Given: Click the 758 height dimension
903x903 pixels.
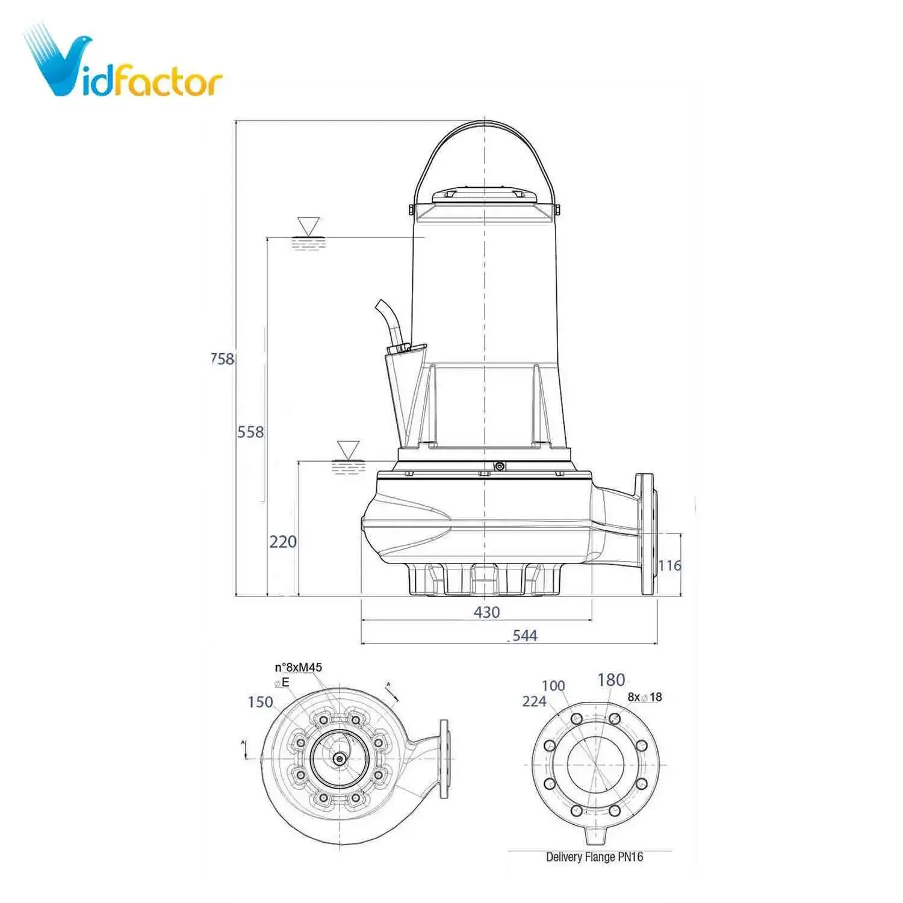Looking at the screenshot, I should point(222,359).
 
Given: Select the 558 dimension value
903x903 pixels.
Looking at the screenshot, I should point(250,432).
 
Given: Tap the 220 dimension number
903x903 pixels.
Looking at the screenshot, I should point(282,542).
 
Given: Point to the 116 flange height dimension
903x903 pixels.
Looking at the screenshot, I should point(669,565).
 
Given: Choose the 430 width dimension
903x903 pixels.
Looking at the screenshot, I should point(486,612).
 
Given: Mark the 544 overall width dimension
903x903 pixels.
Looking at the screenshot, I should point(524,635).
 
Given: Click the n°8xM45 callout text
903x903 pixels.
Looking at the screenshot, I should point(299,668).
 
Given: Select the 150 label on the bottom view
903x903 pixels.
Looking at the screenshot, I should point(260,702).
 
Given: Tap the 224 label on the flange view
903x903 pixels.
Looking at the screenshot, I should point(534,701).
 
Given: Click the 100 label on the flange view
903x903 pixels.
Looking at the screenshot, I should point(553,686).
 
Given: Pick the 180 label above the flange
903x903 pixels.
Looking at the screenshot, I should point(611,680).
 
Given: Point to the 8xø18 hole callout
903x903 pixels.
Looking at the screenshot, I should point(645,697).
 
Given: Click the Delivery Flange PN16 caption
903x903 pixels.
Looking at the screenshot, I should point(594,857).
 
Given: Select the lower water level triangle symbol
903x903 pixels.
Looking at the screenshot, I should point(348,450).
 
